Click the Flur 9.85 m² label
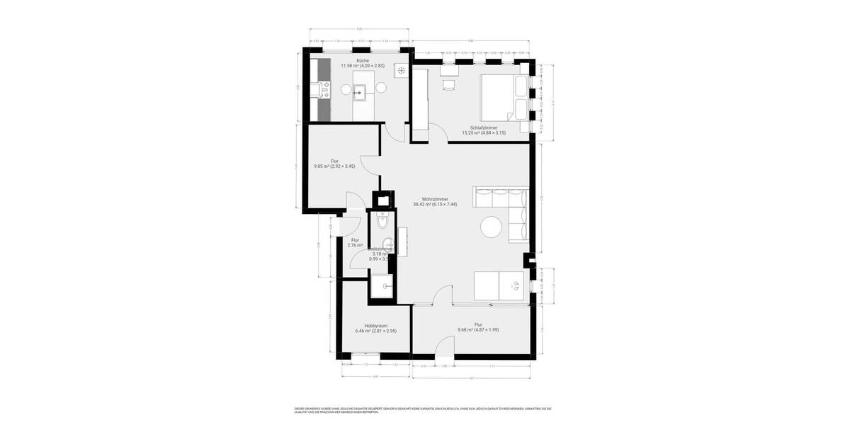334,164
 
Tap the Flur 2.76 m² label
355,243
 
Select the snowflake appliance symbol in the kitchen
402,69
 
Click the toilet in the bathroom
382,222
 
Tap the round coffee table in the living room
492,227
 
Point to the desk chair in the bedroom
448,84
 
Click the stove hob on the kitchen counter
325,89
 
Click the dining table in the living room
499,285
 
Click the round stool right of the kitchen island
380,88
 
